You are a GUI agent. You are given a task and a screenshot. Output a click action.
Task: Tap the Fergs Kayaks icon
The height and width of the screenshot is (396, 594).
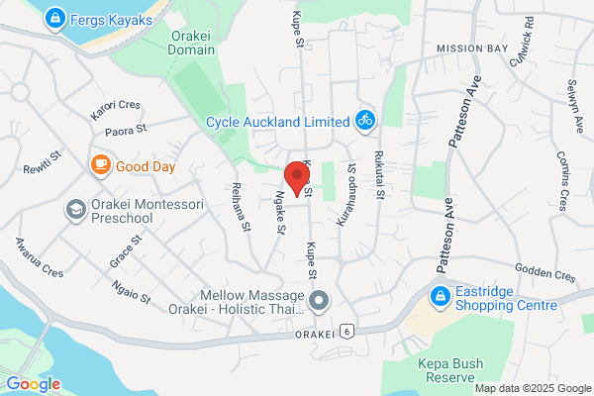(x=55, y=18)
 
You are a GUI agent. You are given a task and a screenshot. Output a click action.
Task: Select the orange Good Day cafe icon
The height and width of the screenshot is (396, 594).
(x=100, y=165)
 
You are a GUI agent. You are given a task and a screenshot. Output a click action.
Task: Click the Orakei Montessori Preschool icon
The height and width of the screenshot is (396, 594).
(x=75, y=209)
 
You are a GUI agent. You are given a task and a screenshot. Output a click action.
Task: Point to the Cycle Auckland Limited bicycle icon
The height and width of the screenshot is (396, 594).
(x=364, y=122)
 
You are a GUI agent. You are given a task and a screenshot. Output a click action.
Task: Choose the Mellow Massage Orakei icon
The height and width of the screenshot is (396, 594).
(x=319, y=299)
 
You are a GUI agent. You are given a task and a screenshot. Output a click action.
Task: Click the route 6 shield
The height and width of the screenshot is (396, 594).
(x=346, y=331)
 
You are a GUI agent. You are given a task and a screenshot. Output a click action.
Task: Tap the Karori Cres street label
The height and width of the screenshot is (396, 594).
(x=117, y=105)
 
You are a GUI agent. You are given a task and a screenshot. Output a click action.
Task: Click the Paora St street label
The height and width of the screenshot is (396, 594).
(x=127, y=128)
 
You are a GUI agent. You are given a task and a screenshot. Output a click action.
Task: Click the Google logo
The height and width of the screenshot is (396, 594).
(x=33, y=384)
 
